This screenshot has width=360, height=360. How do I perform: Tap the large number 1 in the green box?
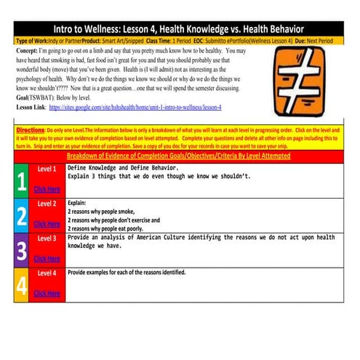(22, 182)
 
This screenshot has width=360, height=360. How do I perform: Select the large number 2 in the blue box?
(22, 215)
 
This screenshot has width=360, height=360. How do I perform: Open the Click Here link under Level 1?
(47, 190)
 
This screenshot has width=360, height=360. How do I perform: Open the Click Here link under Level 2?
(47, 224)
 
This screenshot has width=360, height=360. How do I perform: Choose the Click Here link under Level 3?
(47, 258)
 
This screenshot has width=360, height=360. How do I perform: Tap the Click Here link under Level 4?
(47, 293)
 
